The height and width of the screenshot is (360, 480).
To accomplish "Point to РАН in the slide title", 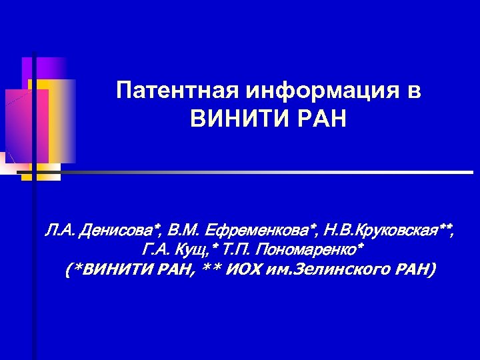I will pyautogui.click(x=318, y=120).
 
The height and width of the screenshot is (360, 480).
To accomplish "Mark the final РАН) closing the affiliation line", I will pyautogui.click(x=416, y=270).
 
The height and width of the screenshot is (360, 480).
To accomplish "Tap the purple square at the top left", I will pyautogui.click(x=43, y=67).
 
